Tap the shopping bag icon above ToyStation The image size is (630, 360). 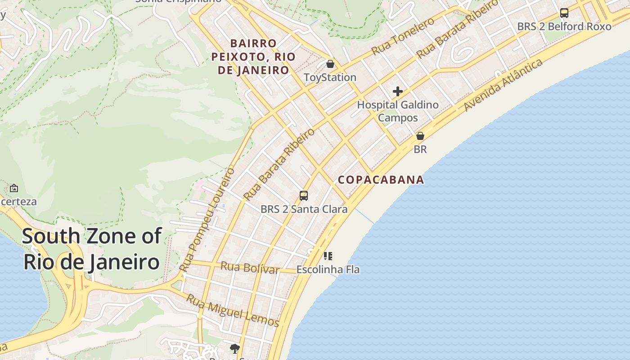[x=330, y=64]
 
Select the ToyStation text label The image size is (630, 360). [x=330, y=77]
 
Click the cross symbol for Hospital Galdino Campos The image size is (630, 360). [x=397, y=91]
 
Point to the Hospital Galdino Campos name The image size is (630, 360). [x=397, y=111]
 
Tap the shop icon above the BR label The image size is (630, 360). [x=420, y=135]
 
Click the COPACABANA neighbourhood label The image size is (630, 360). [x=381, y=180]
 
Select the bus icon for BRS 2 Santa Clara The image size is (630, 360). [x=304, y=196]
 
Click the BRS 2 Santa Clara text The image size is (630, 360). [x=304, y=209]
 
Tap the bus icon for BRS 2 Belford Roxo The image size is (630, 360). [x=564, y=13]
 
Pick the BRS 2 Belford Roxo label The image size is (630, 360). [x=564, y=27]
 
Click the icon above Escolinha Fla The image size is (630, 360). [x=328, y=256]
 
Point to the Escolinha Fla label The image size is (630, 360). [x=328, y=270]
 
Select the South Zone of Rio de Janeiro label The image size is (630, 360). [x=91, y=249]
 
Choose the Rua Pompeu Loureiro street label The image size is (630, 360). [x=207, y=219]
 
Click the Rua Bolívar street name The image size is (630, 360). [x=250, y=268]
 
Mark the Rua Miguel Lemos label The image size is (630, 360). [x=233, y=310]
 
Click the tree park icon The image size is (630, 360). [x=234, y=348]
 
